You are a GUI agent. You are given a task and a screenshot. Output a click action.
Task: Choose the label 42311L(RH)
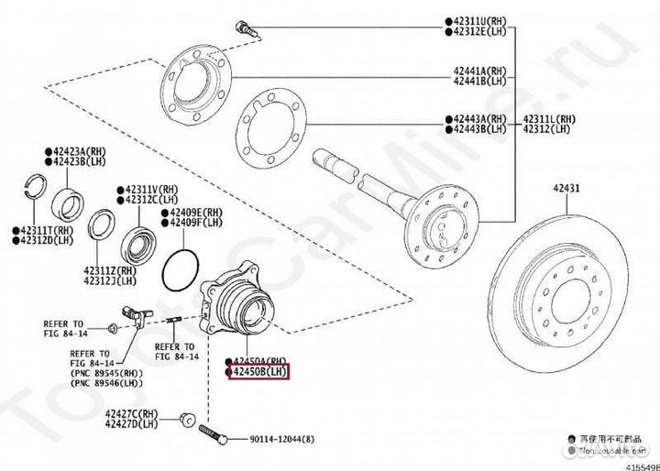click(550, 119)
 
